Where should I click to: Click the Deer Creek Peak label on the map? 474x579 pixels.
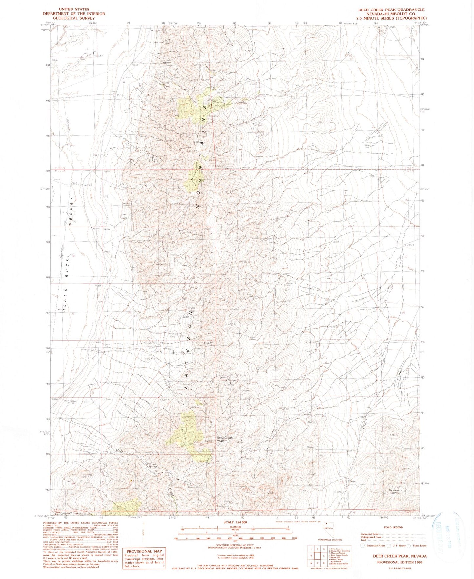(224, 439)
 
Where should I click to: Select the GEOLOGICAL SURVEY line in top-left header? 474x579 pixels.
(74, 18)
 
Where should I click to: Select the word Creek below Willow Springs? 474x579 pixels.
(171, 492)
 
